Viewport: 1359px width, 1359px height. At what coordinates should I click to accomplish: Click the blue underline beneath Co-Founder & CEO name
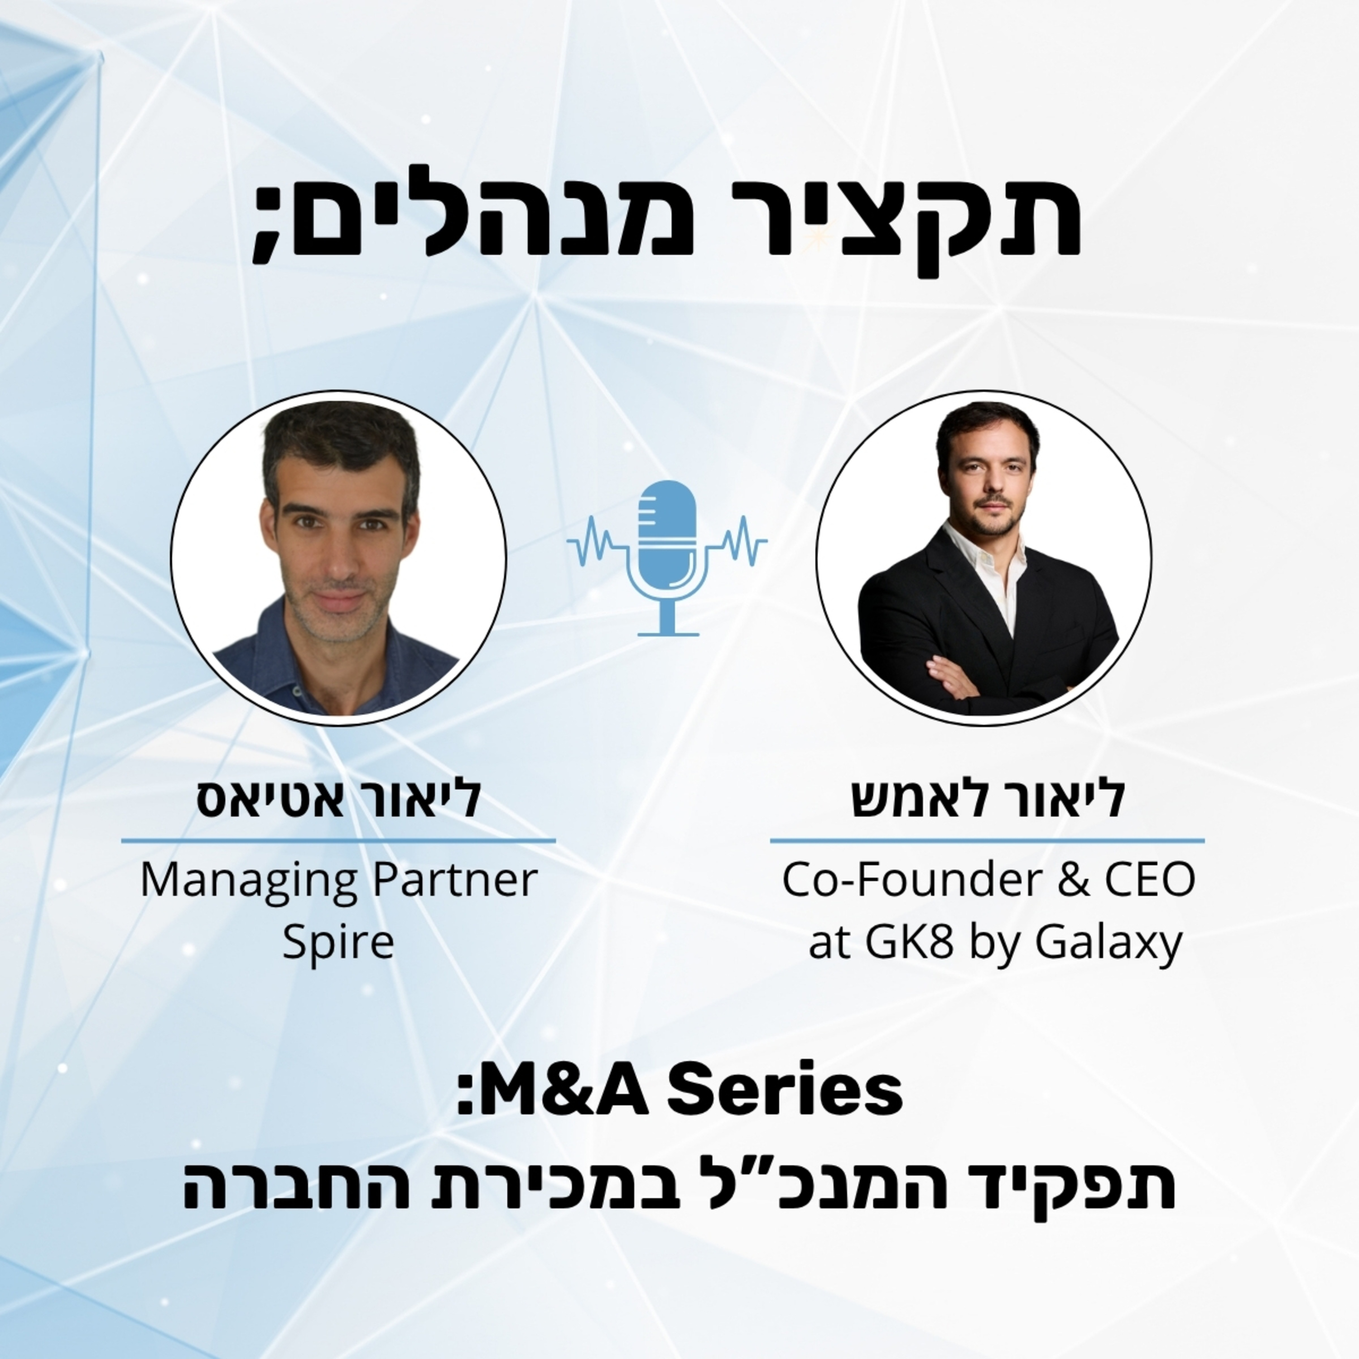[x=987, y=840]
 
